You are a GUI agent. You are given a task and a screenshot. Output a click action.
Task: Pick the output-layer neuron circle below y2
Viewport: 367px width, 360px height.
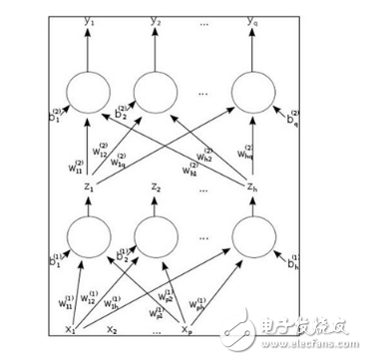point(158,93)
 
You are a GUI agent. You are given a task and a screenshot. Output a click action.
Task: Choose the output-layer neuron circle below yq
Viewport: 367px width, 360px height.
point(256,93)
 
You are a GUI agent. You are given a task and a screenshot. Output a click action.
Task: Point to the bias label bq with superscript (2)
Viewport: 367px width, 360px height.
point(291,121)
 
